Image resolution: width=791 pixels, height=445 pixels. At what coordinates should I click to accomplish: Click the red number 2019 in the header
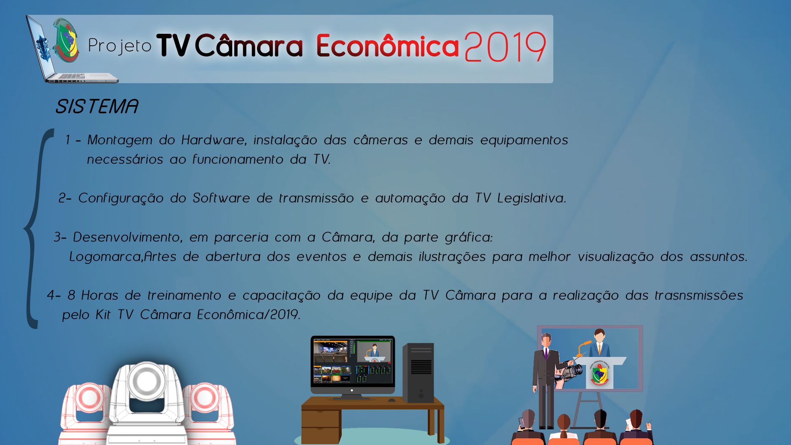pyautogui.click(x=505, y=47)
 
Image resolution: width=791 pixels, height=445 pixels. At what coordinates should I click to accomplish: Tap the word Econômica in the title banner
pyautogui.click(x=387, y=45)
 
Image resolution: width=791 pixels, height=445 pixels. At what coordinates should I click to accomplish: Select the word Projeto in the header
pyautogui.click(x=120, y=46)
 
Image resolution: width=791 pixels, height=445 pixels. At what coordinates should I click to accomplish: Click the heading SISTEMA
pyautogui.click(x=97, y=106)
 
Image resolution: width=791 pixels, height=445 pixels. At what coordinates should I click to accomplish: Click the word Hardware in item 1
pyautogui.click(x=214, y=140)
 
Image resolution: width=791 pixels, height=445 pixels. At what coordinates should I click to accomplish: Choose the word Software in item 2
pyautogui.click(x=221, y=198)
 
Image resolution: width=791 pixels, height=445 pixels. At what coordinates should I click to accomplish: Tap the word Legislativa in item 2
pyautogui.click(x=532, y=198)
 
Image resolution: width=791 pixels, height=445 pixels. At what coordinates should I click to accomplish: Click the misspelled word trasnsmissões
pyautogui.click(x=699, y=295)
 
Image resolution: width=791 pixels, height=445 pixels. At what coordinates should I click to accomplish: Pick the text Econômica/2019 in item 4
pyautogui.click(x=248, y=315)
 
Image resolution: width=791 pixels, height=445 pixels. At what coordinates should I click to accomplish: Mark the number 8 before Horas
pyautogui.click(x=71, y=295)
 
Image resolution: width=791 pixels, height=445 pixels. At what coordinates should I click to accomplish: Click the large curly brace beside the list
pyautogui.click(x=35, y=229)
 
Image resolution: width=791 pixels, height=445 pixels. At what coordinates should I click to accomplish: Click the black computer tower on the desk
pyautogui.click(x=418, y=373)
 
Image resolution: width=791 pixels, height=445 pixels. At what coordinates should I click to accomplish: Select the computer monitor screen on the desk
pyautogui.click(x=353, y=361)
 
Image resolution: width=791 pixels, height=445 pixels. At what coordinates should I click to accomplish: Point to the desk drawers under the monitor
pyautogui.click(x=321, y=426)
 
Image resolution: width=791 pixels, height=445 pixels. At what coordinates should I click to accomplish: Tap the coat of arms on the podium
pyautogui.click(x=599, y=375)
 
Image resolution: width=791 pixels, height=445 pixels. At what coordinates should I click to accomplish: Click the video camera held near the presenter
pyautogui.click(x=570, y=372)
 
